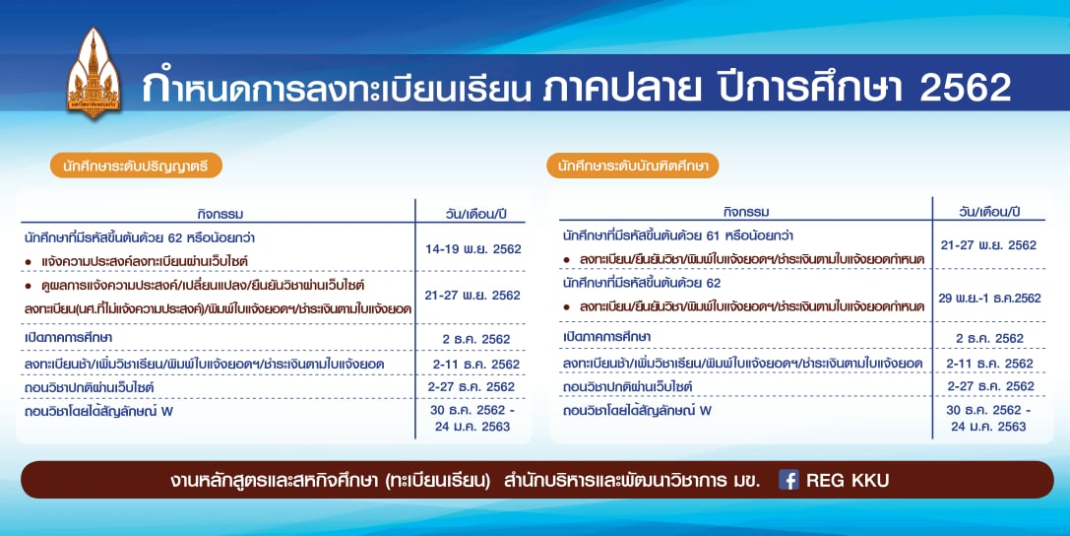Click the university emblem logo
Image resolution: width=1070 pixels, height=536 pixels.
[94, 72]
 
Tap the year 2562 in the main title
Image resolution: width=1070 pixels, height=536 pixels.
[965, 88]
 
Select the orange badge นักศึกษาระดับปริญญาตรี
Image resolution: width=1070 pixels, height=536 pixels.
[136, 166]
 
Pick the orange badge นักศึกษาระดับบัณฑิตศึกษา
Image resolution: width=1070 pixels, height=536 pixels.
[633, 166]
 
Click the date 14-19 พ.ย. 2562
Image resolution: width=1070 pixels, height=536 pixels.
[472, 249]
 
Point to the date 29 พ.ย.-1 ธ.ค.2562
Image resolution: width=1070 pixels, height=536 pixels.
[989, 298]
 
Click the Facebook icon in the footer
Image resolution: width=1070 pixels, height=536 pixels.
[788, 480]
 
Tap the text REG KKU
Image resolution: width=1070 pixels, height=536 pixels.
[848, 481]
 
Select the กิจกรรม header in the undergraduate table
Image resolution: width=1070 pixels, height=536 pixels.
[220, 215]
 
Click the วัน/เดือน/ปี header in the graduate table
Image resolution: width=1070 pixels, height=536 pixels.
[989, 212]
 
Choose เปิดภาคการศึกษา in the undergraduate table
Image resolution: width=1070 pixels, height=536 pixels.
[68, 338]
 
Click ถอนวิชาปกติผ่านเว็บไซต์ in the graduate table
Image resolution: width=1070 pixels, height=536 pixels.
[627, 387]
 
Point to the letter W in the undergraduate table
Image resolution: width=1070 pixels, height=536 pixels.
[167, 412]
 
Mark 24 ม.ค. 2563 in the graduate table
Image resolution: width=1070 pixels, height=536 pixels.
[988, 427]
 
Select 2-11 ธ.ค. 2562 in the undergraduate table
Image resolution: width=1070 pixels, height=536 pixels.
[475, 365]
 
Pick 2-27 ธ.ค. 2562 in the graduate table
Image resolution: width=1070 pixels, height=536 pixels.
[990, 386]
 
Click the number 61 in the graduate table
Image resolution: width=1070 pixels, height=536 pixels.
[713, 236]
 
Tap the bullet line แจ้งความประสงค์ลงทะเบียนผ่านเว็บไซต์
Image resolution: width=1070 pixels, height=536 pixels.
[144, 261]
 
